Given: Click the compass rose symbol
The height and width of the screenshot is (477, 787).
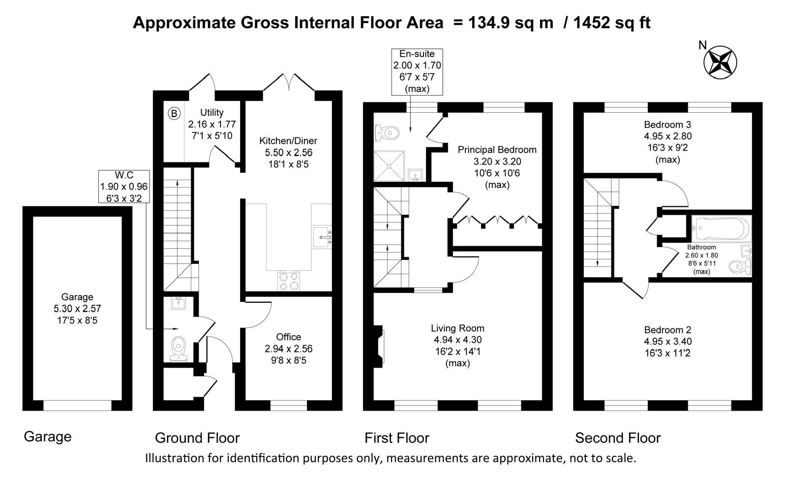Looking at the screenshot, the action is [720, 63].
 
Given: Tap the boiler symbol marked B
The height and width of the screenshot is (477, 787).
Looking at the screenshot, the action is [174, 114].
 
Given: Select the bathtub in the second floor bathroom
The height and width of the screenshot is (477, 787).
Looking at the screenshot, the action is [721, 228].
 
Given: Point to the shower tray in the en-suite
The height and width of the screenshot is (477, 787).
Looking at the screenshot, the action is [389, 166].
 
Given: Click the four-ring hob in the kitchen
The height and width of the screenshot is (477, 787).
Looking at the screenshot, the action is [289, 281].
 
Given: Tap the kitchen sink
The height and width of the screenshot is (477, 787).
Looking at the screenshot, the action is [322, 237].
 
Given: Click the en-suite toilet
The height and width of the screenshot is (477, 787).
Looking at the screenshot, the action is [387, 133].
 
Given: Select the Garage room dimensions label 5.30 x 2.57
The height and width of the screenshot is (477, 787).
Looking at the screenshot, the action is [77, 309].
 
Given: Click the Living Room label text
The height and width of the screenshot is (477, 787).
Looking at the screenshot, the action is [457, 328].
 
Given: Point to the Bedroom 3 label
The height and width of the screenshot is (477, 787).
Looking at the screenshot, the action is [667, 125].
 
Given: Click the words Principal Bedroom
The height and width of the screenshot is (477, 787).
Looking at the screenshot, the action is [497, 150].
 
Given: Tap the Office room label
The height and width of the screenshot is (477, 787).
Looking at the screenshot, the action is [288, 337].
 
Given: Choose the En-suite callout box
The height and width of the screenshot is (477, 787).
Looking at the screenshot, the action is [417, 72].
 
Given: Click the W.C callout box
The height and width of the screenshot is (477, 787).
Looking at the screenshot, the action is [124, 186].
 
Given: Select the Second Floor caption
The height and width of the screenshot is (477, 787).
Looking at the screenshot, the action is [618, 438].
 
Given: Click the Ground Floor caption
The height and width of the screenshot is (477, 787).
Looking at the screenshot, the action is [197, 438].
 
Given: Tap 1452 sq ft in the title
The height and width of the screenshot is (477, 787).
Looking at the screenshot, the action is [612, 23].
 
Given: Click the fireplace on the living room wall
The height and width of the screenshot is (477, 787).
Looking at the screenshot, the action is [379, 346].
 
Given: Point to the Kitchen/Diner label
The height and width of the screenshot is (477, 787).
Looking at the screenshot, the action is [288, 141].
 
